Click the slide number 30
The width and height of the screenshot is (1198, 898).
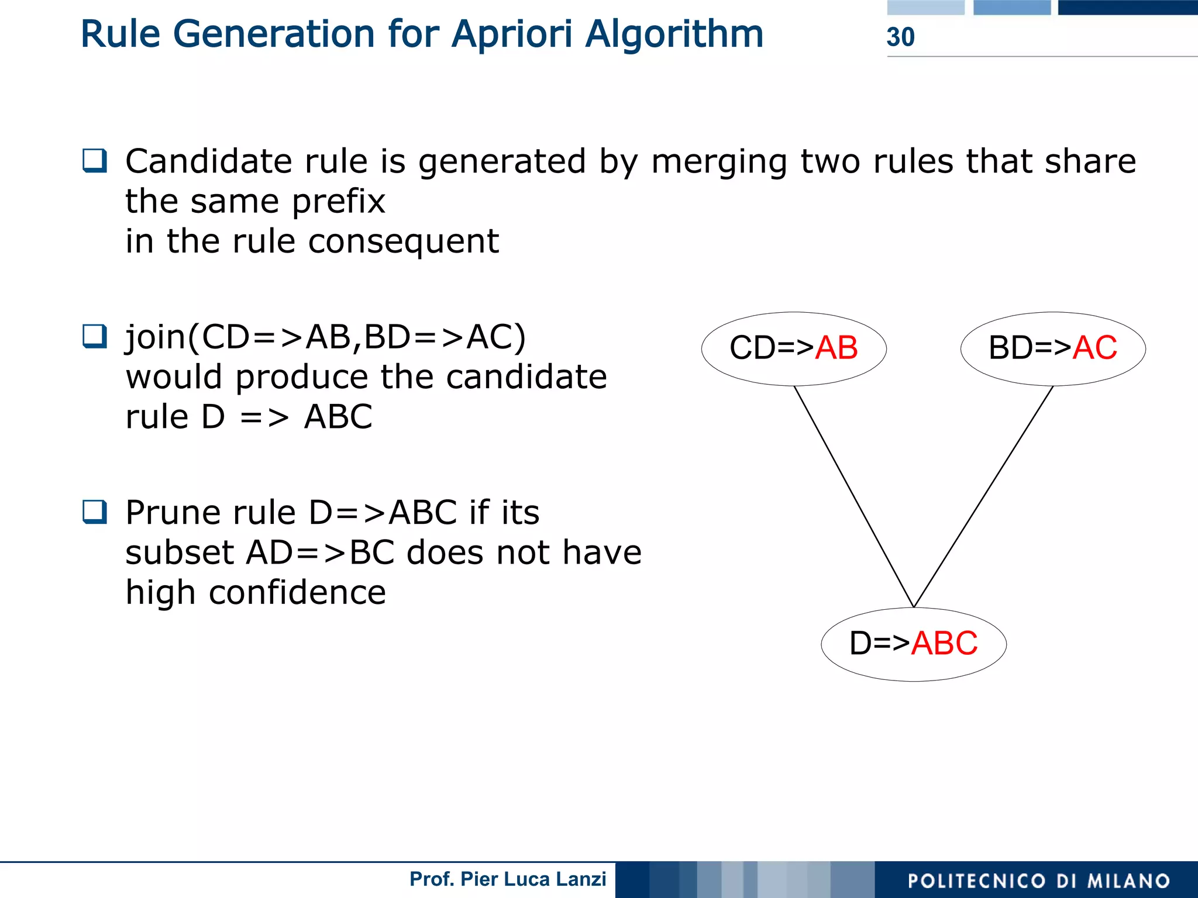[900, 37]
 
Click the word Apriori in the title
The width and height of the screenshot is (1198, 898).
[512, 34]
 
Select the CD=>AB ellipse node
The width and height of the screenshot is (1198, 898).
[794, 348]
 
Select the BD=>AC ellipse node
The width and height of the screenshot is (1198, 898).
[1053, 348]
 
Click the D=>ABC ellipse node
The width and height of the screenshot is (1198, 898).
[914, 644]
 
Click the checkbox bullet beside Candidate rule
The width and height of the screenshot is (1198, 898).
[95, 160]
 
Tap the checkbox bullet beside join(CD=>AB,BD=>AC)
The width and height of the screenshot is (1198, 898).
[95, 336]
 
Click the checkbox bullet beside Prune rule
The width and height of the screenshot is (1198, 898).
[95, 512]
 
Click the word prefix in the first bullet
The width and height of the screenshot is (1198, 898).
[338, 202]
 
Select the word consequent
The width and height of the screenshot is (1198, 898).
[403, 242]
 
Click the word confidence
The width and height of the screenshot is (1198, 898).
[297, 593]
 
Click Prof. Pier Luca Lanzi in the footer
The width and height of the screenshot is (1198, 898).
[507, 879]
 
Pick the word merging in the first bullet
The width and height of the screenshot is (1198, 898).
[719, 162]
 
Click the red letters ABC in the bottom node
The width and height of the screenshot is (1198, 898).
[944, 644]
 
